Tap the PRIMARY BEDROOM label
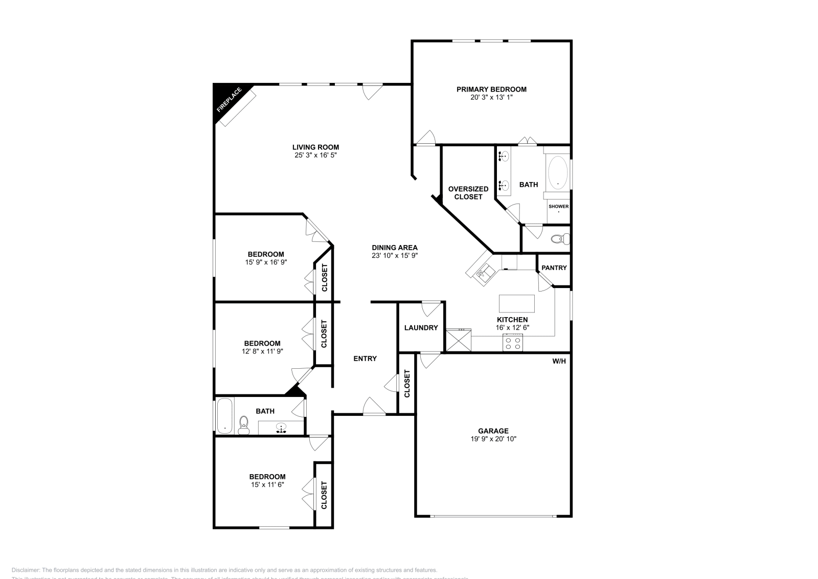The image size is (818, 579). [x=491, y=89]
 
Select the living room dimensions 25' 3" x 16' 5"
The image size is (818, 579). [x=315, y=155]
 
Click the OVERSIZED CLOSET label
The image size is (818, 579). [x=468, y=193]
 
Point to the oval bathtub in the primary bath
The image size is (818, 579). [x=557, y=173]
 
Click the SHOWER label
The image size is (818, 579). [x=558, y=207]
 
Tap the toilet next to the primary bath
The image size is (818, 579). [x=562, y=238]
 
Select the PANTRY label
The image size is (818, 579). [x=554, y=268]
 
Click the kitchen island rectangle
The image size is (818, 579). [x=517, y=303]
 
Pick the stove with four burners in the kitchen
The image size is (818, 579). [x=513, y=343]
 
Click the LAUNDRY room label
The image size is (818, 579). [x=421, y=327]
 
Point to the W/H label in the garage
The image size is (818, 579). [x=559, y=361]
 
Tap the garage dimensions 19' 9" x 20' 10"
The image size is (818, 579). [x=493, y=439]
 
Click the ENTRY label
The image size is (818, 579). [x=365, y=359]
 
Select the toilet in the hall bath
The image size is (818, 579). [x=244, y=426]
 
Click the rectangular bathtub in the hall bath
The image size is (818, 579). [x=224, y=415]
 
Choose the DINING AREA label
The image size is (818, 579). [x=395, y=248]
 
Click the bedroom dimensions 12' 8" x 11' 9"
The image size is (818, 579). [x=262, y=351]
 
